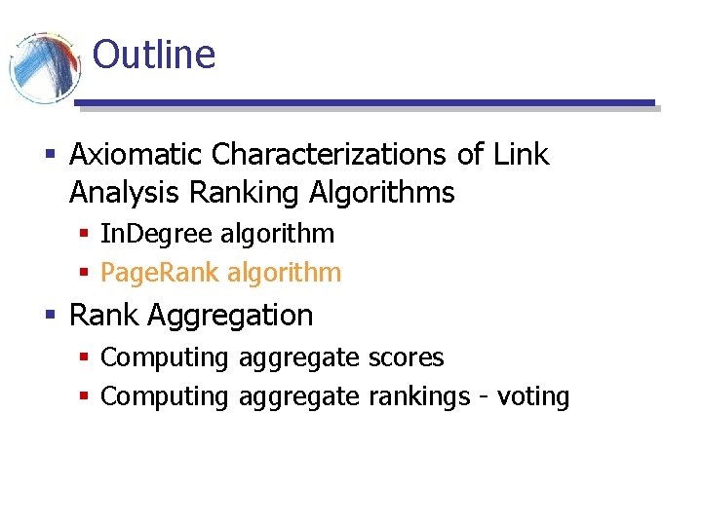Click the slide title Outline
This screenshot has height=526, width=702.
coord(153,54)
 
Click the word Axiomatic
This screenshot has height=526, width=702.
coord(136,155)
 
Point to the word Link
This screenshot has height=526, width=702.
coord(522,155)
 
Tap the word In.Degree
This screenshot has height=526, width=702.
coord(157,234)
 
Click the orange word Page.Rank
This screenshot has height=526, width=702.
coord(160,273)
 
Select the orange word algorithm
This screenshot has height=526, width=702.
coord(284,273)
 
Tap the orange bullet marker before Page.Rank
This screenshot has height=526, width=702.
coord(85,274)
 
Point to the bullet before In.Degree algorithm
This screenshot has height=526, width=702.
coord(85,235)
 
